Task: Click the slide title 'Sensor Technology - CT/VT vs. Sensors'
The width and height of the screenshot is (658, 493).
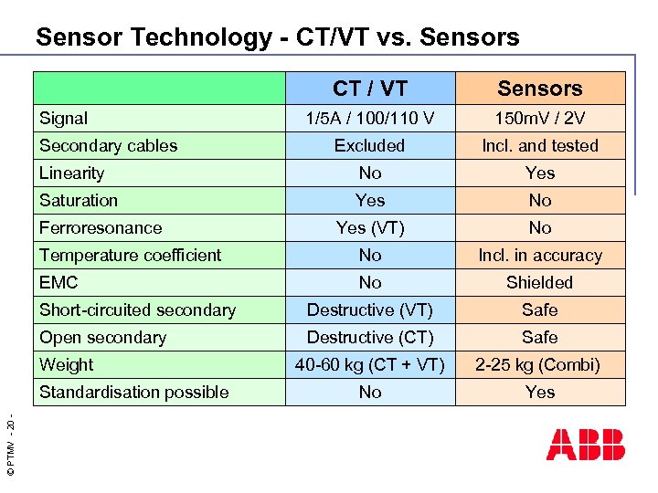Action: [x=277, y=37]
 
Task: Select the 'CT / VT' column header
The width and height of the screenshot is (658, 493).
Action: [x=370, y=89]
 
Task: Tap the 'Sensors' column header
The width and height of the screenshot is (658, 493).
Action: [x=540, y=89]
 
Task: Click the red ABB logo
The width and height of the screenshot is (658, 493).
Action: [x=586, y=445]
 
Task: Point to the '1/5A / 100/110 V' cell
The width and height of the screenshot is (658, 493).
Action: [x=370, y=118]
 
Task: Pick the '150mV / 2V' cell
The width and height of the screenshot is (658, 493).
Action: [x=540, y=118]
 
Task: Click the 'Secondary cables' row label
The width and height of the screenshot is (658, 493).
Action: [x=109, y=145]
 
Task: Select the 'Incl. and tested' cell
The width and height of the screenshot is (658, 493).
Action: [x=540, y=145]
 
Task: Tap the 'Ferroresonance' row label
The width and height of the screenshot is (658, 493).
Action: [x=101, y=227]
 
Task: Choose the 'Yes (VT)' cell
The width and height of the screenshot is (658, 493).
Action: [x=370, y=227]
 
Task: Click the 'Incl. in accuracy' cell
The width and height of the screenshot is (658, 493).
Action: [x=540, y=255]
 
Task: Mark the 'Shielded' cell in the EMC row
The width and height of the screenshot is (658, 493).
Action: [x=540, y=282]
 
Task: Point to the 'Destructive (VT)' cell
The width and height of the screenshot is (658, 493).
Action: [x=370, y=309]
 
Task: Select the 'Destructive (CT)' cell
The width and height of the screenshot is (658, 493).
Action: [x=370, y=337]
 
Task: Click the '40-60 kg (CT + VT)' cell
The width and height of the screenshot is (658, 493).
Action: [x=370, y=364]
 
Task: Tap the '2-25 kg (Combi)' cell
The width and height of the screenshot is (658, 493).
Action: [x=540, y=364]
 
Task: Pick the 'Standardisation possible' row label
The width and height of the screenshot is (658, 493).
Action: [x=134, y=392]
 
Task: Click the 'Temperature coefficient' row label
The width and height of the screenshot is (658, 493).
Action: [x=131, y=255]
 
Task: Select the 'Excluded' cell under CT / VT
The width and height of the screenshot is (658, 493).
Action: [x=370, y=145]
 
